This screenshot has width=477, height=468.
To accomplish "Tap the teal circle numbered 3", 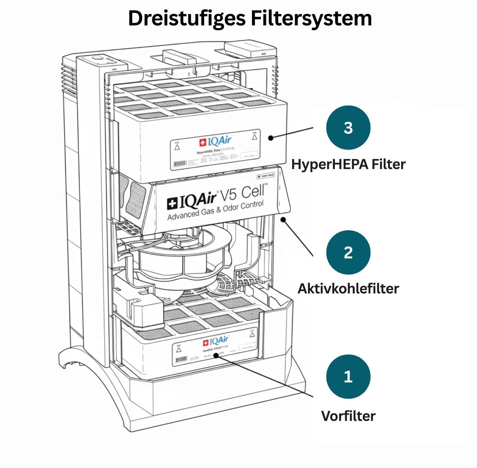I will click(348, 127).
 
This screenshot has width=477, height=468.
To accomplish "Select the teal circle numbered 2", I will click(348, 252).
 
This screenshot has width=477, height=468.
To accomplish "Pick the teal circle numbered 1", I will click(348, 377).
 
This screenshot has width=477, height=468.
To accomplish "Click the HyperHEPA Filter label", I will click(348, 164).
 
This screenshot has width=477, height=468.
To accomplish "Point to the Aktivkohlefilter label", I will click(348, 289).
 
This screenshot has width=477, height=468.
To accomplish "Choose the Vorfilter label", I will click(348, 416).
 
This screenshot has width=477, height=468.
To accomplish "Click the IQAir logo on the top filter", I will click(216, 141).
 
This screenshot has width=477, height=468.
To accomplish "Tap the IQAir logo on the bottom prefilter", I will click(216, 342).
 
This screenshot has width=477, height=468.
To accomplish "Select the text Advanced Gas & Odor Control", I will click(216, 210).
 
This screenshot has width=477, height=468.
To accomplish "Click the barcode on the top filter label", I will click(180, 164).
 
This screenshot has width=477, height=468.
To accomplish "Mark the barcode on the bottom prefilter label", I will click(181, 360).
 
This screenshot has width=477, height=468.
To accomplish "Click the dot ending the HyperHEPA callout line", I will click(271, 138).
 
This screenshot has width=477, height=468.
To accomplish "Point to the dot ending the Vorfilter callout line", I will click(216, 355).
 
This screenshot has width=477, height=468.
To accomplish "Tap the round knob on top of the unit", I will click(98, 58).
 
